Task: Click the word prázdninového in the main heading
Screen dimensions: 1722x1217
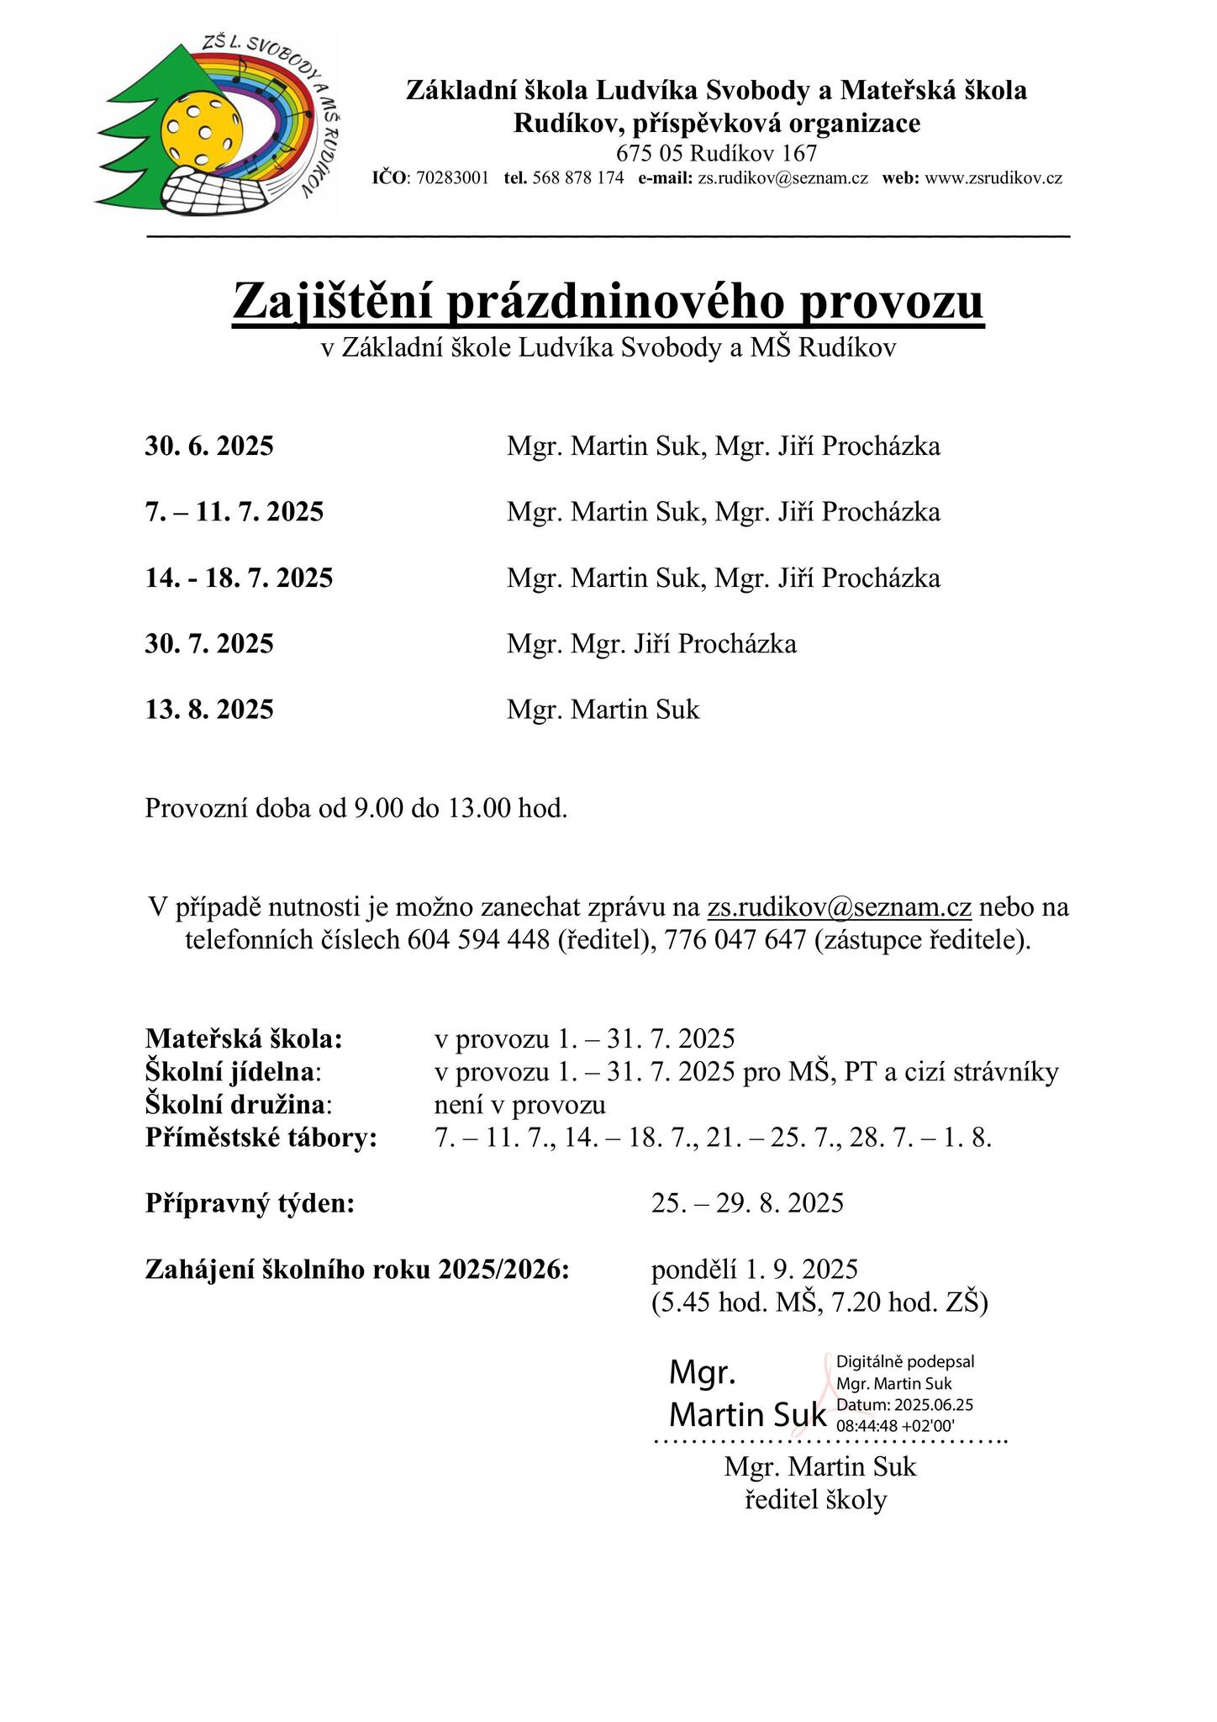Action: click(615, 302)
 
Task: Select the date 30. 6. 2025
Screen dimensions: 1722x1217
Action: click(209, 446)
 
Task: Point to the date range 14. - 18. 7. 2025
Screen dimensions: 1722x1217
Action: click(239, 578)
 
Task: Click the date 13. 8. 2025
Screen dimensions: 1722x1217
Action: click(209, 710)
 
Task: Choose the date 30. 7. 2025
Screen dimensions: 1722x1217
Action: click(209, 645)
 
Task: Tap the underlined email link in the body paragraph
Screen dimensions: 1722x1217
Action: click(839, 907)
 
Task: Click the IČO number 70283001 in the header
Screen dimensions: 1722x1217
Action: click(452, 178)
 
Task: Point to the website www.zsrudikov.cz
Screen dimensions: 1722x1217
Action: click(993, 178)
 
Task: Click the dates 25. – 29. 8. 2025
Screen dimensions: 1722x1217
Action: click(747, 1203)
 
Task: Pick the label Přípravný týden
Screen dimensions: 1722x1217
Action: click(250, 1203)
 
